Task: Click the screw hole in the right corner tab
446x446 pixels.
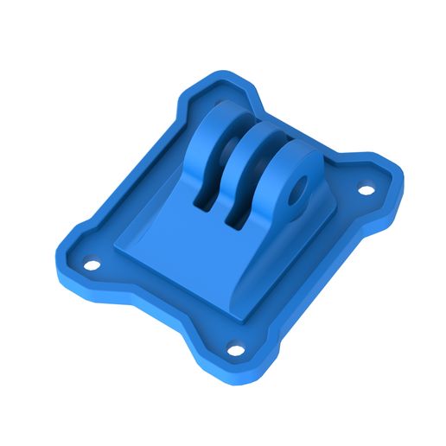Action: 366,189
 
